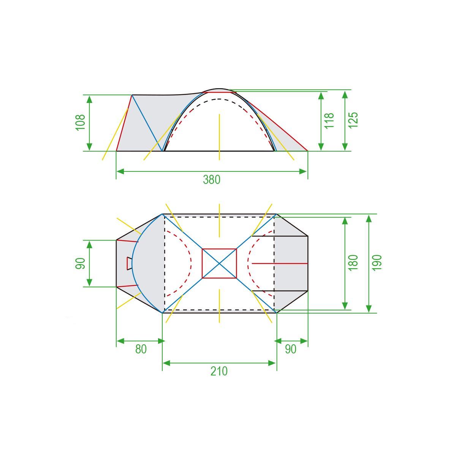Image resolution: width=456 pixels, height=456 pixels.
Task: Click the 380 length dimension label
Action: click(x=212, y=180)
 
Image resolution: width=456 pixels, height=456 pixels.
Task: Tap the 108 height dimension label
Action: click(x=81, y=122)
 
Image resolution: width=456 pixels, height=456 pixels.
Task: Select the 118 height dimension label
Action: click(x=329, y=121)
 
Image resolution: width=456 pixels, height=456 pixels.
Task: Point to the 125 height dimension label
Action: click(x=353, y=120)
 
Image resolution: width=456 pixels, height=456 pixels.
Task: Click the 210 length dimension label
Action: click(x=219, y=371)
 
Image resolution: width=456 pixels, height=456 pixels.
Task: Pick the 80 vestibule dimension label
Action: click(x=141, y=349)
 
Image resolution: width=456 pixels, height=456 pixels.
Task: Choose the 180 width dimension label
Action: click(x=353, y=263)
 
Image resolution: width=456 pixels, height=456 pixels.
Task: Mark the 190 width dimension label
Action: click(x=377, y=263)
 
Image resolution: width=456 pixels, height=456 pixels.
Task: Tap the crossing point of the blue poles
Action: click(x=219, y=263)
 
